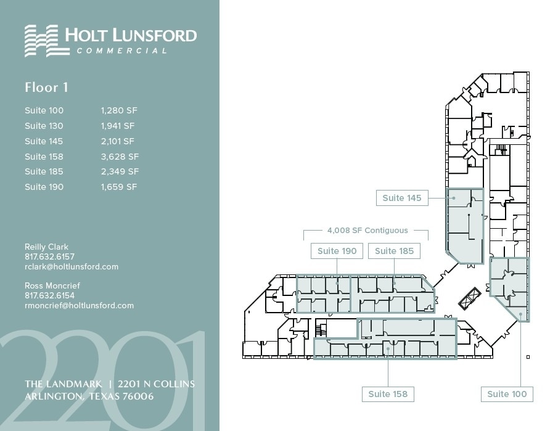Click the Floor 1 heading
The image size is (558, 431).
46,88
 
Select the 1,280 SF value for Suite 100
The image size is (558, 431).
119,111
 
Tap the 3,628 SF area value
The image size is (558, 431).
120,157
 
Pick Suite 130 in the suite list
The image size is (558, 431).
44,126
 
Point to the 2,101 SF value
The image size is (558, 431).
117,141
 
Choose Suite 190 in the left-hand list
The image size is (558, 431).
44,187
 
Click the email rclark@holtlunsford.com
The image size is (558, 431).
71,267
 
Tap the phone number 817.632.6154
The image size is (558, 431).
49,295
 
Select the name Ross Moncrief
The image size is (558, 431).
52,285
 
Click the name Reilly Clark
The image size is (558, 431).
46,247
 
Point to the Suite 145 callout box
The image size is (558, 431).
402,198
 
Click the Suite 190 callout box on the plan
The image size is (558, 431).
337,251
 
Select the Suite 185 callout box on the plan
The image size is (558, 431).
394,251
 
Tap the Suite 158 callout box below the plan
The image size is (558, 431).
388,394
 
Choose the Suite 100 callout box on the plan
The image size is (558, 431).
507,394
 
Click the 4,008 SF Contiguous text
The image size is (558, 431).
367,231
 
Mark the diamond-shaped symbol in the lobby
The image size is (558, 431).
470,298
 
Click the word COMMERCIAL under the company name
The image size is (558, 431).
122,51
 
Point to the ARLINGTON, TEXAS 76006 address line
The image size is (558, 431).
89,396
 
